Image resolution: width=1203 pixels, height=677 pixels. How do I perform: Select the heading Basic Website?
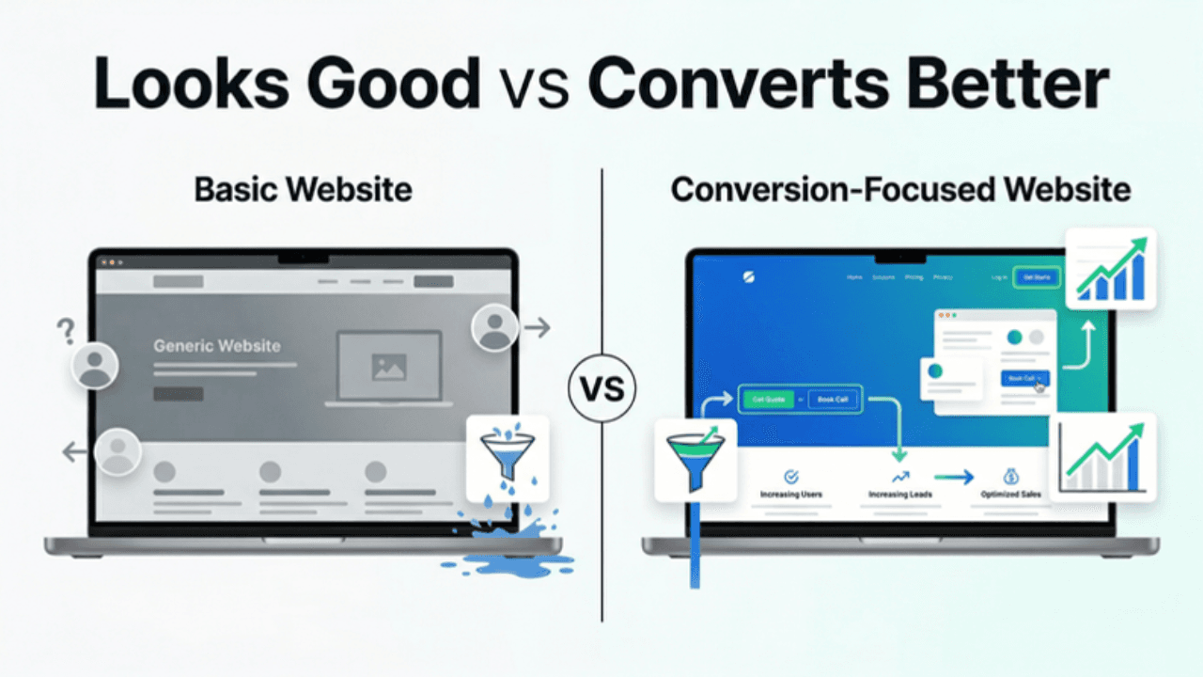[303, 189]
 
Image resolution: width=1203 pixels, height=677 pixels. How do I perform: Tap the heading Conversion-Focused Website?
[899, 189]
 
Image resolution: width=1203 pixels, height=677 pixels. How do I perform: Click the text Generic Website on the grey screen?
[216, 346]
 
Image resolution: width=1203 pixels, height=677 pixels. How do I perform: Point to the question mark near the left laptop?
[65, 330]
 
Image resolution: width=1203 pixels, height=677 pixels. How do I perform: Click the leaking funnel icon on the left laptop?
[507, 458]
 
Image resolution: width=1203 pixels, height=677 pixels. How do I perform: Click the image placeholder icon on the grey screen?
[388, 368]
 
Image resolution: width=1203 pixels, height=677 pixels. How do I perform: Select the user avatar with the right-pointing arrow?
[494, 327]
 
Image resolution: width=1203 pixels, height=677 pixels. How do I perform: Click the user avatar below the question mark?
[94, 365]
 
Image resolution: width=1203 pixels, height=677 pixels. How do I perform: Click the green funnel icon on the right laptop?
[695, 459]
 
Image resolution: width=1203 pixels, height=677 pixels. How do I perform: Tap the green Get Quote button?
[768, 400]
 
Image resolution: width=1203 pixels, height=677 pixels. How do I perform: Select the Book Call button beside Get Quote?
[834, 400]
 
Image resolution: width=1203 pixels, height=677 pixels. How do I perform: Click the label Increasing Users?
[791, 494]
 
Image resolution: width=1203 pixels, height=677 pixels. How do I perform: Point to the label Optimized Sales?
[1010, 494]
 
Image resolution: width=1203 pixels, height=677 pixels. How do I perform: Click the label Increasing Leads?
[900, 494]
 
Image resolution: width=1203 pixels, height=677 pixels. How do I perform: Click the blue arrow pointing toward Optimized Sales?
[953, 478]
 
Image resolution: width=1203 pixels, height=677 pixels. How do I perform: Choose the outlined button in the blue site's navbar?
[1036, 277]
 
